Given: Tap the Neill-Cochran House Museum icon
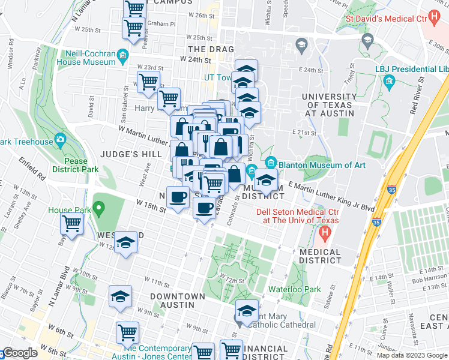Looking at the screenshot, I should coord(123,56).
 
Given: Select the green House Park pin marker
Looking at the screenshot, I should coord(101,211).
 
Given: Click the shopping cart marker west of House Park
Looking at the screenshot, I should coord(72,224).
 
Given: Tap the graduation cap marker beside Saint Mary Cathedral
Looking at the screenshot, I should coord(246,311).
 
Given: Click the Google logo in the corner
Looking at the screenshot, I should coord(20,353).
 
